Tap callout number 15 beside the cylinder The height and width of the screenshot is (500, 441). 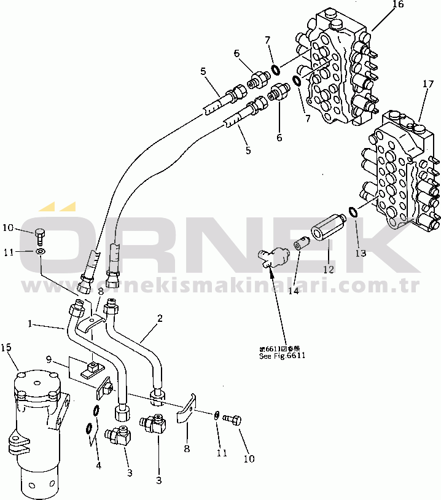(x=7, y=348)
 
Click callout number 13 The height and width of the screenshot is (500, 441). (x=360, y=253)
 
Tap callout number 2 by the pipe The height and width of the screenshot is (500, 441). (x=160, y=318)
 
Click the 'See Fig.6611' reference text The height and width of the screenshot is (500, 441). (x=282, y=356)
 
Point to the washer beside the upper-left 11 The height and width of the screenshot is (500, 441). (x=41, y=251)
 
